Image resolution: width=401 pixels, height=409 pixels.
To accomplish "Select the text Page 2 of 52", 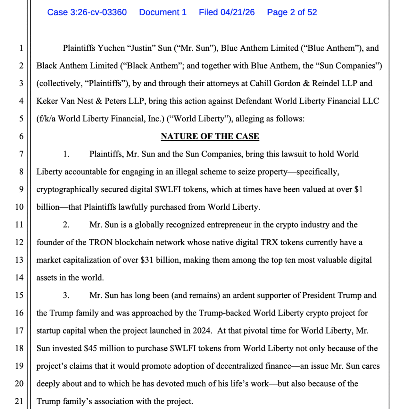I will pos(292,12).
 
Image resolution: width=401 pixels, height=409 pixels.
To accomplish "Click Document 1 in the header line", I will pos(163,12).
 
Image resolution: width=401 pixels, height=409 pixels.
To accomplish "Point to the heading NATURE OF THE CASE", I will pos(210,137).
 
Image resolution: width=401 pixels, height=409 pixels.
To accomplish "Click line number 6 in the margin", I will pos(21,137).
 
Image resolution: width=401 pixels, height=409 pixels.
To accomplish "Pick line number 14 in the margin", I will pos(19,278).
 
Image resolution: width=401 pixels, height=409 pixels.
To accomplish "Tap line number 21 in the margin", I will pos(19,401).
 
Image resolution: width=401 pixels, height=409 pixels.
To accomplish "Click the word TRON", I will pos(105,242).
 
